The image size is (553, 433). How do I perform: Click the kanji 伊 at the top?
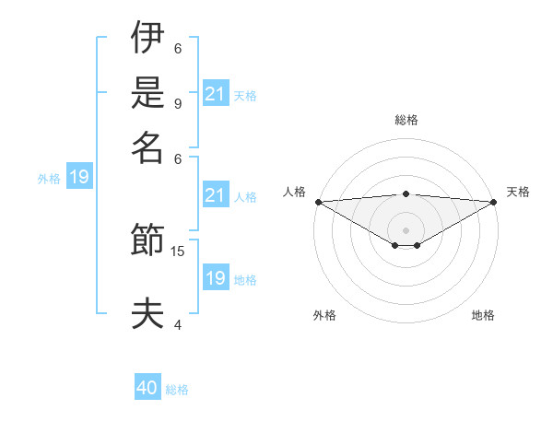coord(147,39)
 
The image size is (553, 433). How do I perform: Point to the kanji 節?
coord(147,241)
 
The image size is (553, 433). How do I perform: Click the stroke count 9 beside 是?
coord(178,103)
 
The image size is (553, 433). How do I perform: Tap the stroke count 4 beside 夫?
coord(178,324)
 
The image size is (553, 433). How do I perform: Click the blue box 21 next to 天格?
coord(215,93)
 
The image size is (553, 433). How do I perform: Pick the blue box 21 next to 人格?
coord(215,194)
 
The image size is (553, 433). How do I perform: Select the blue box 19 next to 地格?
coord(215,277)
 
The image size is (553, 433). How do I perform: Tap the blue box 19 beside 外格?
coord(78,177)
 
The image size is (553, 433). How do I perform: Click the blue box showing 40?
coord(147,388)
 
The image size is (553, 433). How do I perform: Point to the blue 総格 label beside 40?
coord(177,390)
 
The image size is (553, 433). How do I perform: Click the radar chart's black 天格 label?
coord(519,192)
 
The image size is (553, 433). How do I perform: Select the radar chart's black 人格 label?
coord(294,192)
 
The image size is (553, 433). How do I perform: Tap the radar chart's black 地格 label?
coord(483,316)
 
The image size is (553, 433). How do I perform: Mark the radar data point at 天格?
coord(495,202)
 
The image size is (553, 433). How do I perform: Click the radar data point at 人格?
coord(317,202)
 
